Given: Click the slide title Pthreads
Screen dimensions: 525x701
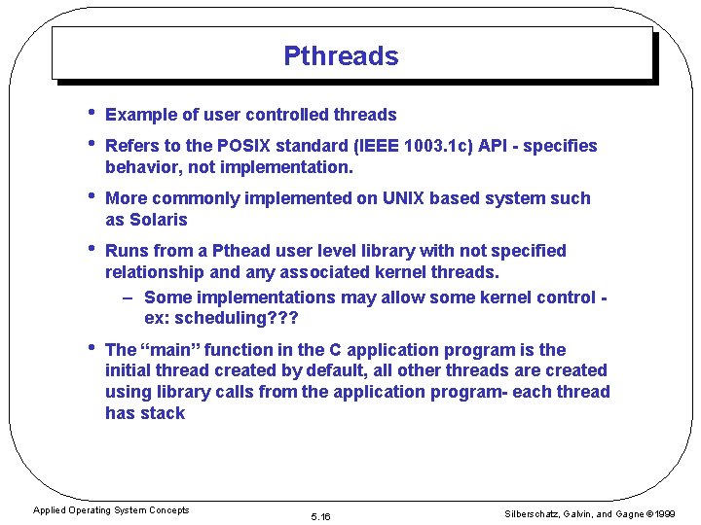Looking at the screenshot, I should point(341,56).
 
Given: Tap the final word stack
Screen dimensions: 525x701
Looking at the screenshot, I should point(163,413).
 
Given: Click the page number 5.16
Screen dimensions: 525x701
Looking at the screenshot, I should point(320,516).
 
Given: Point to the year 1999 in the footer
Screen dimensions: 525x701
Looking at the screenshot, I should point(665,512).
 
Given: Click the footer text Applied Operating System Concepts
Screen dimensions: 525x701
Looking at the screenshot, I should point(111,510).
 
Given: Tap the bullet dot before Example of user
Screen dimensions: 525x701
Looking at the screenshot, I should point(90,114).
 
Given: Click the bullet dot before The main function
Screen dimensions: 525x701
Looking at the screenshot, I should point(90,348).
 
